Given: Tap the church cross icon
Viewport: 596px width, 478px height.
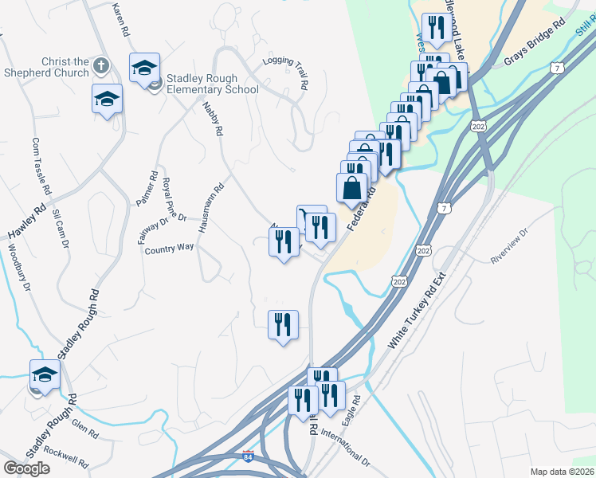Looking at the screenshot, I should click(101, 65).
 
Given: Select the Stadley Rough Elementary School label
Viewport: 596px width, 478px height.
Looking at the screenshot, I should click(212, 84).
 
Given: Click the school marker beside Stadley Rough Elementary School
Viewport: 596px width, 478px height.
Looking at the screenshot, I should click(144, 69).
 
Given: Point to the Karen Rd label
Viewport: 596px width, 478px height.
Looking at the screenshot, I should click(121, 20).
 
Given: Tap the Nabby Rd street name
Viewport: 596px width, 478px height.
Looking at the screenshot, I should click(211, 118).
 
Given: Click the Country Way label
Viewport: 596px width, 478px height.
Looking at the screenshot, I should click(170, 249).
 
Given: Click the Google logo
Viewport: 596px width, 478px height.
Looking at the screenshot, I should click(26, 468).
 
